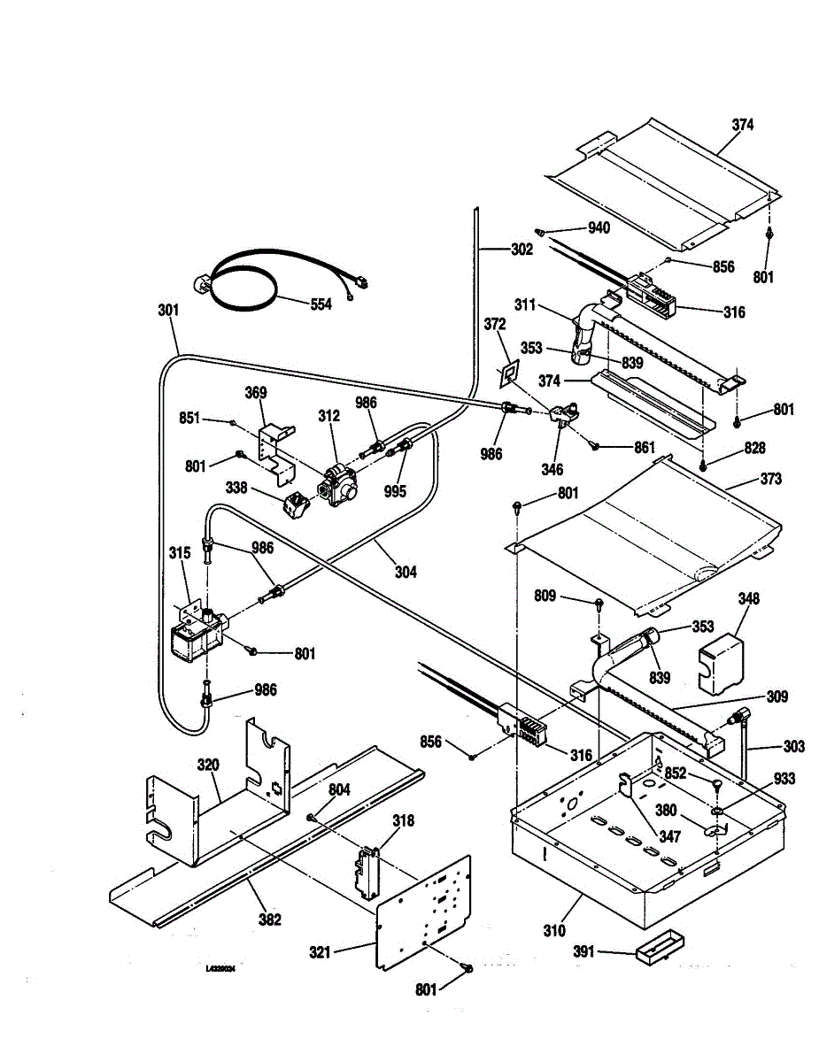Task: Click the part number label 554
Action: point(321,304)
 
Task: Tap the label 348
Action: point(749,599)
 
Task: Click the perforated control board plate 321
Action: point(425,912)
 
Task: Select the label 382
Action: point(269,920)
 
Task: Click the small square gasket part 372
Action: point(508,374)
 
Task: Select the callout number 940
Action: point(599,228)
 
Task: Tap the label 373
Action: point(770,479)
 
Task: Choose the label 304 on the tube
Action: point(406,572)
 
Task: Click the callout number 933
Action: point(784,779)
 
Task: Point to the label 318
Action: point(403,821)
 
